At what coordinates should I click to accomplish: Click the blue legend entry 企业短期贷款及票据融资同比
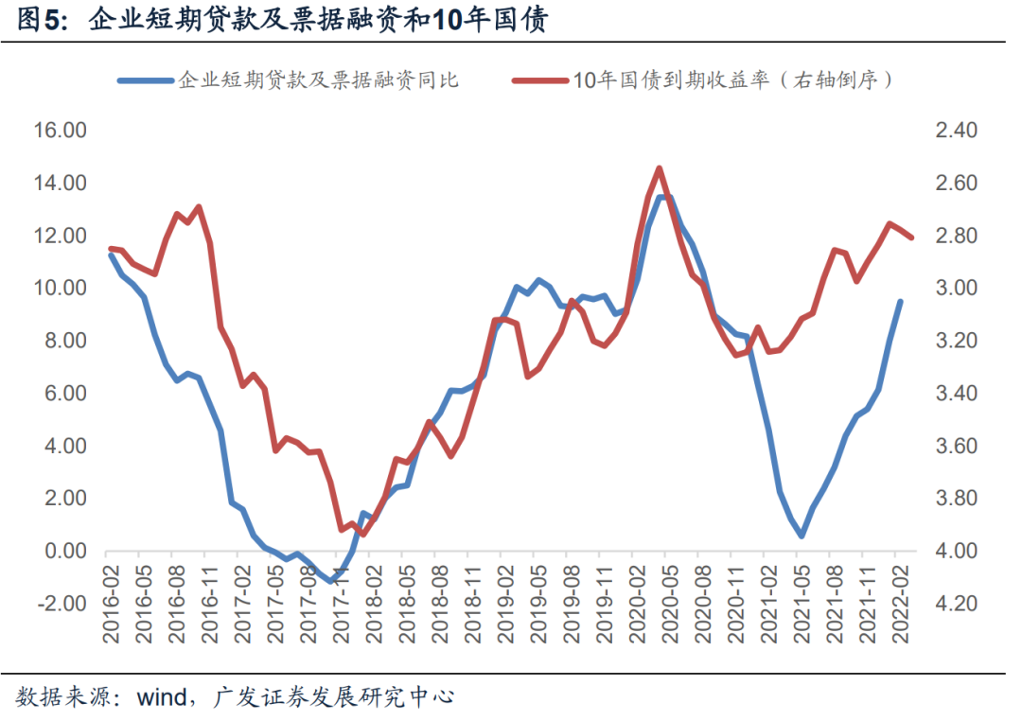click(318, 80)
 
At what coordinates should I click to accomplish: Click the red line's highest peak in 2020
click(659, 168)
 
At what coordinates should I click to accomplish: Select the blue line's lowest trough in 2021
click(802, 536)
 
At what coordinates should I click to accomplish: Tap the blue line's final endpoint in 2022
click(900, 302)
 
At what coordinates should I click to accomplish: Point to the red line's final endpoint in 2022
click(912, 237)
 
